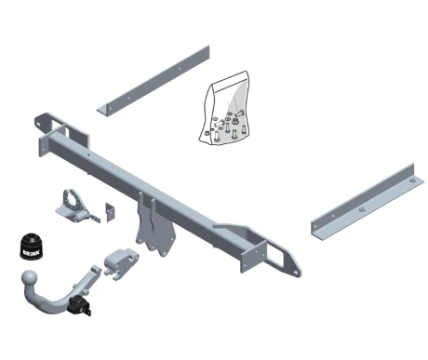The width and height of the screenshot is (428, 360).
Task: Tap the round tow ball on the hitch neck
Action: (30, 278)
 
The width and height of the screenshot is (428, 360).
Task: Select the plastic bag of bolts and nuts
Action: (225, 109)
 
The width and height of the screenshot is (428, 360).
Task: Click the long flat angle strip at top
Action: (154, 81)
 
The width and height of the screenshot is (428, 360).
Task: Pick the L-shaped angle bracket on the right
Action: (368, 202)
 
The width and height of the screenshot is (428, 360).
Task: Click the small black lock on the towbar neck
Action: (80, 306)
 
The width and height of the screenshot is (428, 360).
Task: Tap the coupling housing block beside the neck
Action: (121, 263)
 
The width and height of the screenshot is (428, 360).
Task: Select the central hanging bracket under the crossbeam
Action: (154, 226)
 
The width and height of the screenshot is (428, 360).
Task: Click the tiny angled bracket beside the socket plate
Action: (110, 212)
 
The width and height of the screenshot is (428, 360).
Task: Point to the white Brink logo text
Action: (31, 253)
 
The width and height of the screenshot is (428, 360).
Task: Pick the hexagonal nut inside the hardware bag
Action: (235, 119)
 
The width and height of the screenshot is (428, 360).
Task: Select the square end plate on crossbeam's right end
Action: (253, 257)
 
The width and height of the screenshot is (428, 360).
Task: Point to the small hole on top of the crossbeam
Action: (88, 154)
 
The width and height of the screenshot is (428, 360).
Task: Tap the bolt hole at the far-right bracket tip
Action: (296, 273)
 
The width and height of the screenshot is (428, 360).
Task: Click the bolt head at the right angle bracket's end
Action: (412, 180)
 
